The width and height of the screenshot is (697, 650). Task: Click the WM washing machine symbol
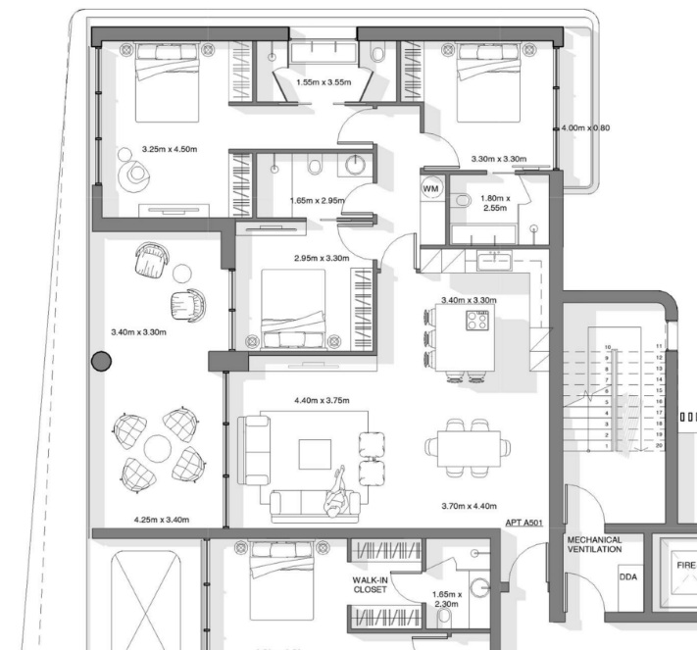click(430, 188)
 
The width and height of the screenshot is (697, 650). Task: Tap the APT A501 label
click(524, 523)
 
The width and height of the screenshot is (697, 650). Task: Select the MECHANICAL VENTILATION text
click(594, 545)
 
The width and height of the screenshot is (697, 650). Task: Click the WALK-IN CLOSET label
click(370, 585)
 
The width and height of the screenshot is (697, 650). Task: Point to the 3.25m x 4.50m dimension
click(170, 149)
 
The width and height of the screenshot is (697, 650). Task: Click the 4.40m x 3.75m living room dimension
click(322, 400)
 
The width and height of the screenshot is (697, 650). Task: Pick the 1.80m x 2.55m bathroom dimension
click(495, 203)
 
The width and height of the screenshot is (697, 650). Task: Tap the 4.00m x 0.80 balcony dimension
click(585, 128)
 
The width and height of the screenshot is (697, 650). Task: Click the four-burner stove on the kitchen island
click(477, 321)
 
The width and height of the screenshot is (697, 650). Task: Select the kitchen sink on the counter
click(494, 260)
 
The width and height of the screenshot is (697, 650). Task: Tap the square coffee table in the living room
click(315, 454)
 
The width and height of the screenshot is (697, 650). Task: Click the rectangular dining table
click(469, 448)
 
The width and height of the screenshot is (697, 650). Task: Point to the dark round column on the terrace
click(101, 361)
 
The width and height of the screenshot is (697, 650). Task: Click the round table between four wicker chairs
click(158, 448)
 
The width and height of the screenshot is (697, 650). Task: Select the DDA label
click(628, 577)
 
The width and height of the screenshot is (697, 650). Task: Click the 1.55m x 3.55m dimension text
click(324, 82)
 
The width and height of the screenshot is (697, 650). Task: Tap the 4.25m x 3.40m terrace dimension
click(162, 520)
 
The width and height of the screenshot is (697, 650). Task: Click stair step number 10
click(608, 347)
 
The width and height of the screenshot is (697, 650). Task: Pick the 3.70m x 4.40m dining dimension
click(469, 506)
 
